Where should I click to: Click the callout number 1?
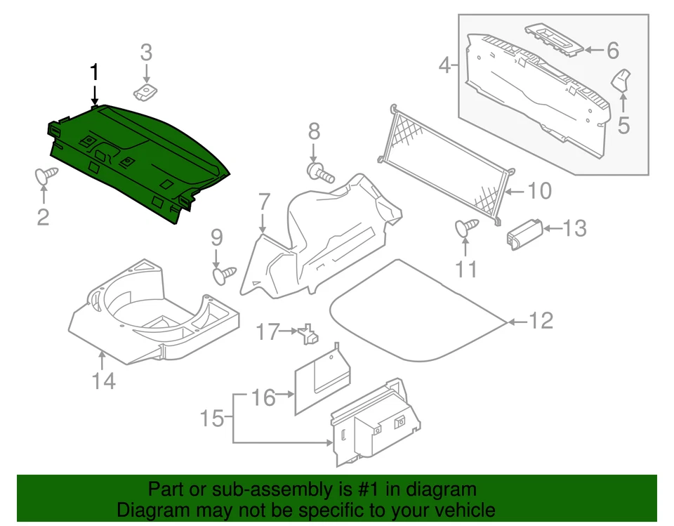pyautogui.click(x=94, y=72)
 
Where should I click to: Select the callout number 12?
pyautogui.click(x=541, y=321)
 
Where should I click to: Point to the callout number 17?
pyautogui.click(x=267, y=331)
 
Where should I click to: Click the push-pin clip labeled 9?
pyautogui.click(x=224, y=275)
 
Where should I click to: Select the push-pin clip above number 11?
pyautogui.click(x=466, y=226)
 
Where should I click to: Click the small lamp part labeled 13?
pyautogui.click(x=522, y=232)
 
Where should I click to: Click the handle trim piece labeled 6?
pyautogui.click(x=554, y=41)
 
